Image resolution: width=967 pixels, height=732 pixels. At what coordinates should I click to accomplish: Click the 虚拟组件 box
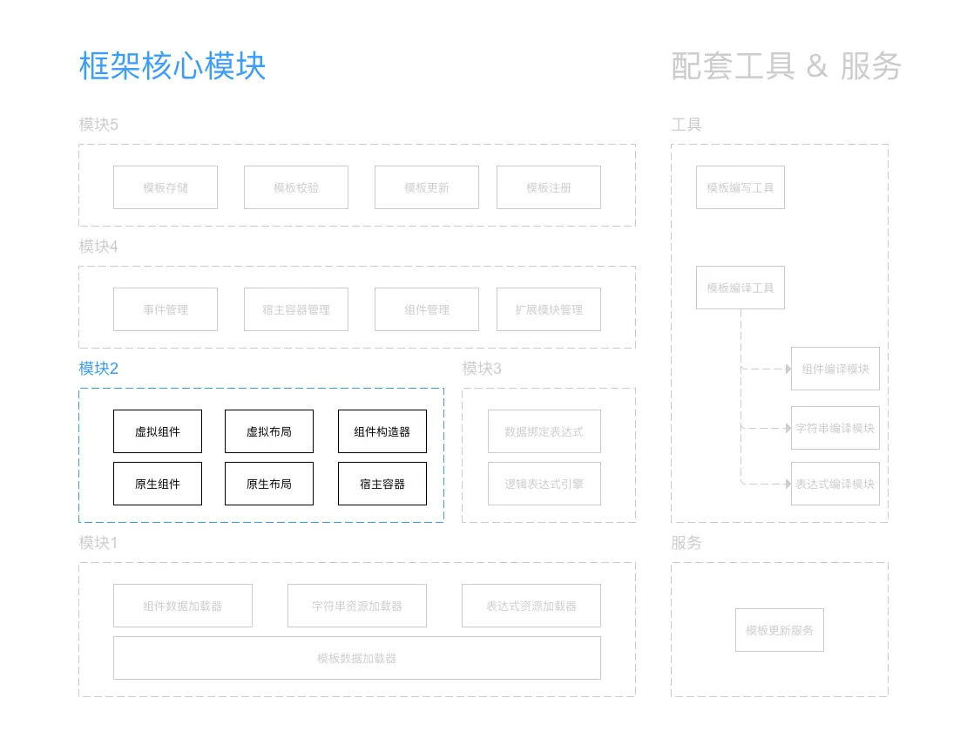(158, 431)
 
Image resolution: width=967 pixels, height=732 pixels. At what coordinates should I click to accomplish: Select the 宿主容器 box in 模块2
(382, 484)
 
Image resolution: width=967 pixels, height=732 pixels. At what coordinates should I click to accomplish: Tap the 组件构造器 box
(382, 431)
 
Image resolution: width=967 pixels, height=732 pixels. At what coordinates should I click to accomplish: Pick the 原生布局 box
(269, 484)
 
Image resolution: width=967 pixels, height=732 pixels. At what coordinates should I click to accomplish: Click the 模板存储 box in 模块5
(166, 187)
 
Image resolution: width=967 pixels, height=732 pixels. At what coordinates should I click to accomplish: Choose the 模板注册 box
(549, 187)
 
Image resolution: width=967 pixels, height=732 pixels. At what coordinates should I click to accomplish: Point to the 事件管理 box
(166, 309)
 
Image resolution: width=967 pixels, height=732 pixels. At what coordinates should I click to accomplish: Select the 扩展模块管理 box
(549, 309)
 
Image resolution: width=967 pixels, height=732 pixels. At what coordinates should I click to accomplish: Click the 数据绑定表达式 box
(544, 431)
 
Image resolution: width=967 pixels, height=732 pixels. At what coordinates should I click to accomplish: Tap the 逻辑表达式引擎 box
(544, 484)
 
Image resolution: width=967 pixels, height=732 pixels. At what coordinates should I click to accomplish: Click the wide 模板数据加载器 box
(357, 658)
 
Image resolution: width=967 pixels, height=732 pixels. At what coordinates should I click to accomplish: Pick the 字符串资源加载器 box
(357, 606)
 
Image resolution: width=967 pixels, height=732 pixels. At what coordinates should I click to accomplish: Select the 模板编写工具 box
(740, 187)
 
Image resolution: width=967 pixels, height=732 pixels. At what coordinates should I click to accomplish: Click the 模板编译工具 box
(740, 288)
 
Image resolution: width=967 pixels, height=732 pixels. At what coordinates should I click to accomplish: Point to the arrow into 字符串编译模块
(767, 429)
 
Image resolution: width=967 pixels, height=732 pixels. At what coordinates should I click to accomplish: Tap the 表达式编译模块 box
(835, 484)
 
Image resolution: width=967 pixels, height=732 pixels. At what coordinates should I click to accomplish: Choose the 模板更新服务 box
(780, 630)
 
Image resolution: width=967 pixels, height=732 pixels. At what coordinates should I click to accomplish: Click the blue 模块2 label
(98, 369)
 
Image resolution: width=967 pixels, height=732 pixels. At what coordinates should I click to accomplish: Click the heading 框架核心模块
(172, 66)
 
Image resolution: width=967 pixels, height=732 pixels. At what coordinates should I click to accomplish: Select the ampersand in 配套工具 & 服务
(817, 66)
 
